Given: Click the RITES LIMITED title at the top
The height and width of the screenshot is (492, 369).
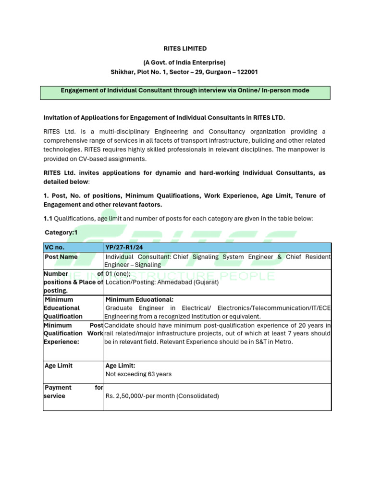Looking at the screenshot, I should coord(184,49).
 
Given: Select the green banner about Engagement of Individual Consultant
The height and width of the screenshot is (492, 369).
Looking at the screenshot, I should coord(185,91).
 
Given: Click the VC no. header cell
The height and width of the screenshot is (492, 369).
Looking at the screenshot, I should coord(54,247).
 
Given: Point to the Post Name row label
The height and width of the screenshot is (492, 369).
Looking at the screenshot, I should coord(61,257).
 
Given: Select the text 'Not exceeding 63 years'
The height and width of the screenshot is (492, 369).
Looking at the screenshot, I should coord(138,374).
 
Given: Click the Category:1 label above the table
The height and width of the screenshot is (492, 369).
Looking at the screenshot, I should coord(61,233).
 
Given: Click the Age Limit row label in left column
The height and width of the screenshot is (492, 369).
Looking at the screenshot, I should coord(58,366).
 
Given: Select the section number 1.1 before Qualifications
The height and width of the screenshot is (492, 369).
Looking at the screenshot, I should coord(48,219).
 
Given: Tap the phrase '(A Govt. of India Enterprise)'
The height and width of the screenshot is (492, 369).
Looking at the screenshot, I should coord(184,62).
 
